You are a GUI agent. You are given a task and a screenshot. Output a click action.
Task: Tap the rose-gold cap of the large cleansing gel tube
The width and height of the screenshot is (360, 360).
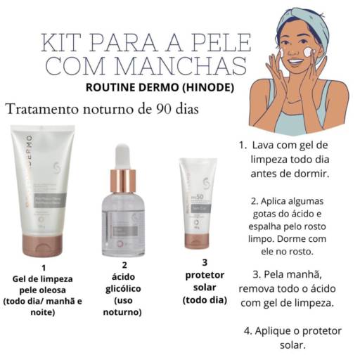(43, 246)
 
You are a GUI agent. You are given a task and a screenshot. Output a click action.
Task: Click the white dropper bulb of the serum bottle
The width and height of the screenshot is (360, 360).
(123, 155)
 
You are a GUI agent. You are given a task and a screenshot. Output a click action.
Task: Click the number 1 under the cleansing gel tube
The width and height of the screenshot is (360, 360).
(43, 267)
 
